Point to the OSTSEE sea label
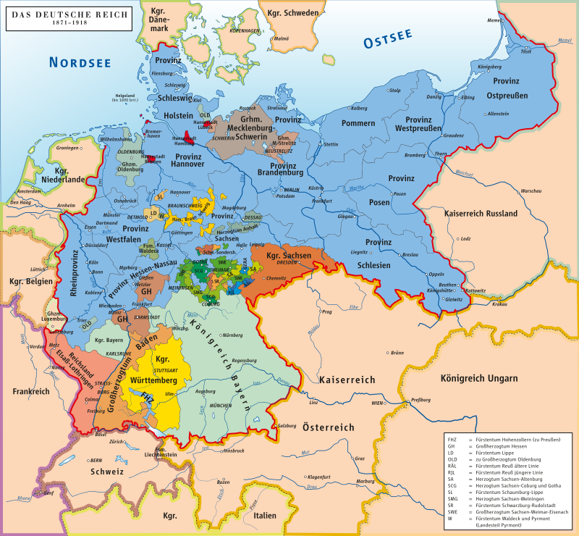point(387,39)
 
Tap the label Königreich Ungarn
point(478,378)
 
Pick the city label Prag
point(326,313)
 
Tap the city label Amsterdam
point(29,191)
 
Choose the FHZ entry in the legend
point(452,440)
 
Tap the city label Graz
point(359,458)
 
